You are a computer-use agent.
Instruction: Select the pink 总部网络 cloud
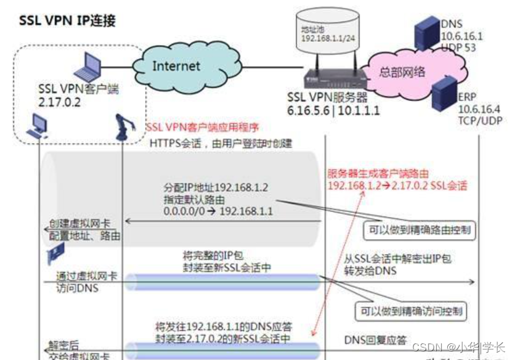[402, 72]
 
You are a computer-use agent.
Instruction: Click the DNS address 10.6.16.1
[462, 36]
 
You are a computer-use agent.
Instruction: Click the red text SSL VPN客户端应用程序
[203, 128]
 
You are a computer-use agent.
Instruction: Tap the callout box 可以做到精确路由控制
[419, 231]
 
